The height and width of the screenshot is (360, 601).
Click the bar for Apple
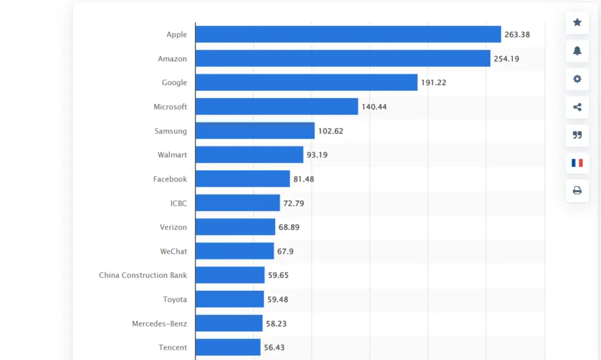click(347, 35)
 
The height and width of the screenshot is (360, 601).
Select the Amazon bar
click(342, 59)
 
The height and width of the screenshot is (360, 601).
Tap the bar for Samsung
click(255, 131)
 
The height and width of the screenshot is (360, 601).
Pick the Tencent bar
click(228, 347)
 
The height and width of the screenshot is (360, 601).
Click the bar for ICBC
click(237, 203)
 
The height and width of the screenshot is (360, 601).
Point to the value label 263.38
click(517, 35)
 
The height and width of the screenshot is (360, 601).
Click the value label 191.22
click(433, 83)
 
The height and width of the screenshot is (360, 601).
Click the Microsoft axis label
click(170, 107)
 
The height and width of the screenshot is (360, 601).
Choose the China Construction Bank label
click(143, 275)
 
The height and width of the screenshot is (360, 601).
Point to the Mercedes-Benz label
click(159, 324)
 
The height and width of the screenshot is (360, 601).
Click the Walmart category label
click(172, 155)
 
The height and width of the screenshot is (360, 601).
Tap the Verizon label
click(173, 227)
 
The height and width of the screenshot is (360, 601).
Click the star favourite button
click(577, 23)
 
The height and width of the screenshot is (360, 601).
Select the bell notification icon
click(577, 51)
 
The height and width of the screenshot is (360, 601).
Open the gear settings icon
click(577, 79)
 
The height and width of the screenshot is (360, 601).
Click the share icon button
click(577, 107)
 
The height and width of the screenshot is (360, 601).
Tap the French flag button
click(577, 163)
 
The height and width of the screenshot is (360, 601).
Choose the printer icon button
click(577, 190)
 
